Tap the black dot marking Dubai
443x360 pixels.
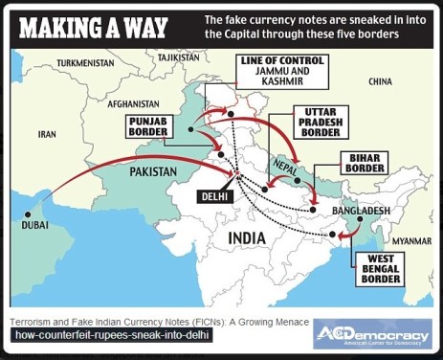pos(32,213)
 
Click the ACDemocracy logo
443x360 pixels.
pos(372,335)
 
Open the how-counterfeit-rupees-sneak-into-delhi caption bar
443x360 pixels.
pos(109,337)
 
